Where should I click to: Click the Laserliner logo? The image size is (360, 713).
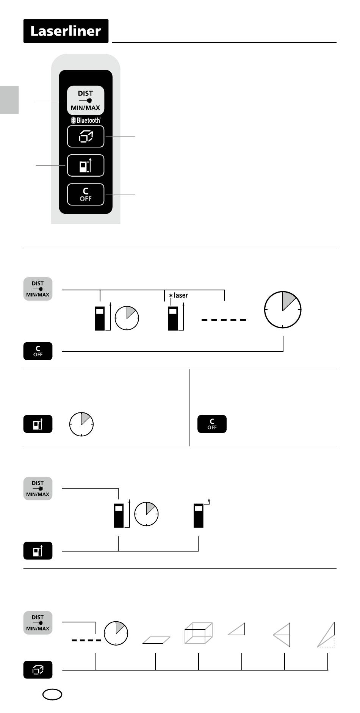[x=66, y=31]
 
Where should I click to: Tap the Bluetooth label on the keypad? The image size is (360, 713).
[x=86, y=120]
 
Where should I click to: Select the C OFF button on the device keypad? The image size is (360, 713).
[x=86, y=194]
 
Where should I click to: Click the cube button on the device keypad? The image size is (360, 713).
[x=86, y=136]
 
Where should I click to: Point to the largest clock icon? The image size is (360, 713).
[x=283, y=309]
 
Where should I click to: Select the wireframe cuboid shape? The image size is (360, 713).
[x=198, y=633]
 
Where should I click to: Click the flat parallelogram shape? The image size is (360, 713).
[x=157, y=640]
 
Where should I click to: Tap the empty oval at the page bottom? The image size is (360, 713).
[x=52, y=694]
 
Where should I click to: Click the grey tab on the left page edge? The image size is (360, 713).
[x=9, y=100]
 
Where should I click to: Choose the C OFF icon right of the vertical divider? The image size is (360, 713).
[x=212, y=424]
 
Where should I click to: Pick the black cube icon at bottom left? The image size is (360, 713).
[x=38, y=670]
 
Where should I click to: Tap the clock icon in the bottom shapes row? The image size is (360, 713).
[x=116, y=633]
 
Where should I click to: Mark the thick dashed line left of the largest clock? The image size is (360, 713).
[x=224, y=320]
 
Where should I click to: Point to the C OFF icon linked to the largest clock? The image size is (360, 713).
[x=38, y=351]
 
